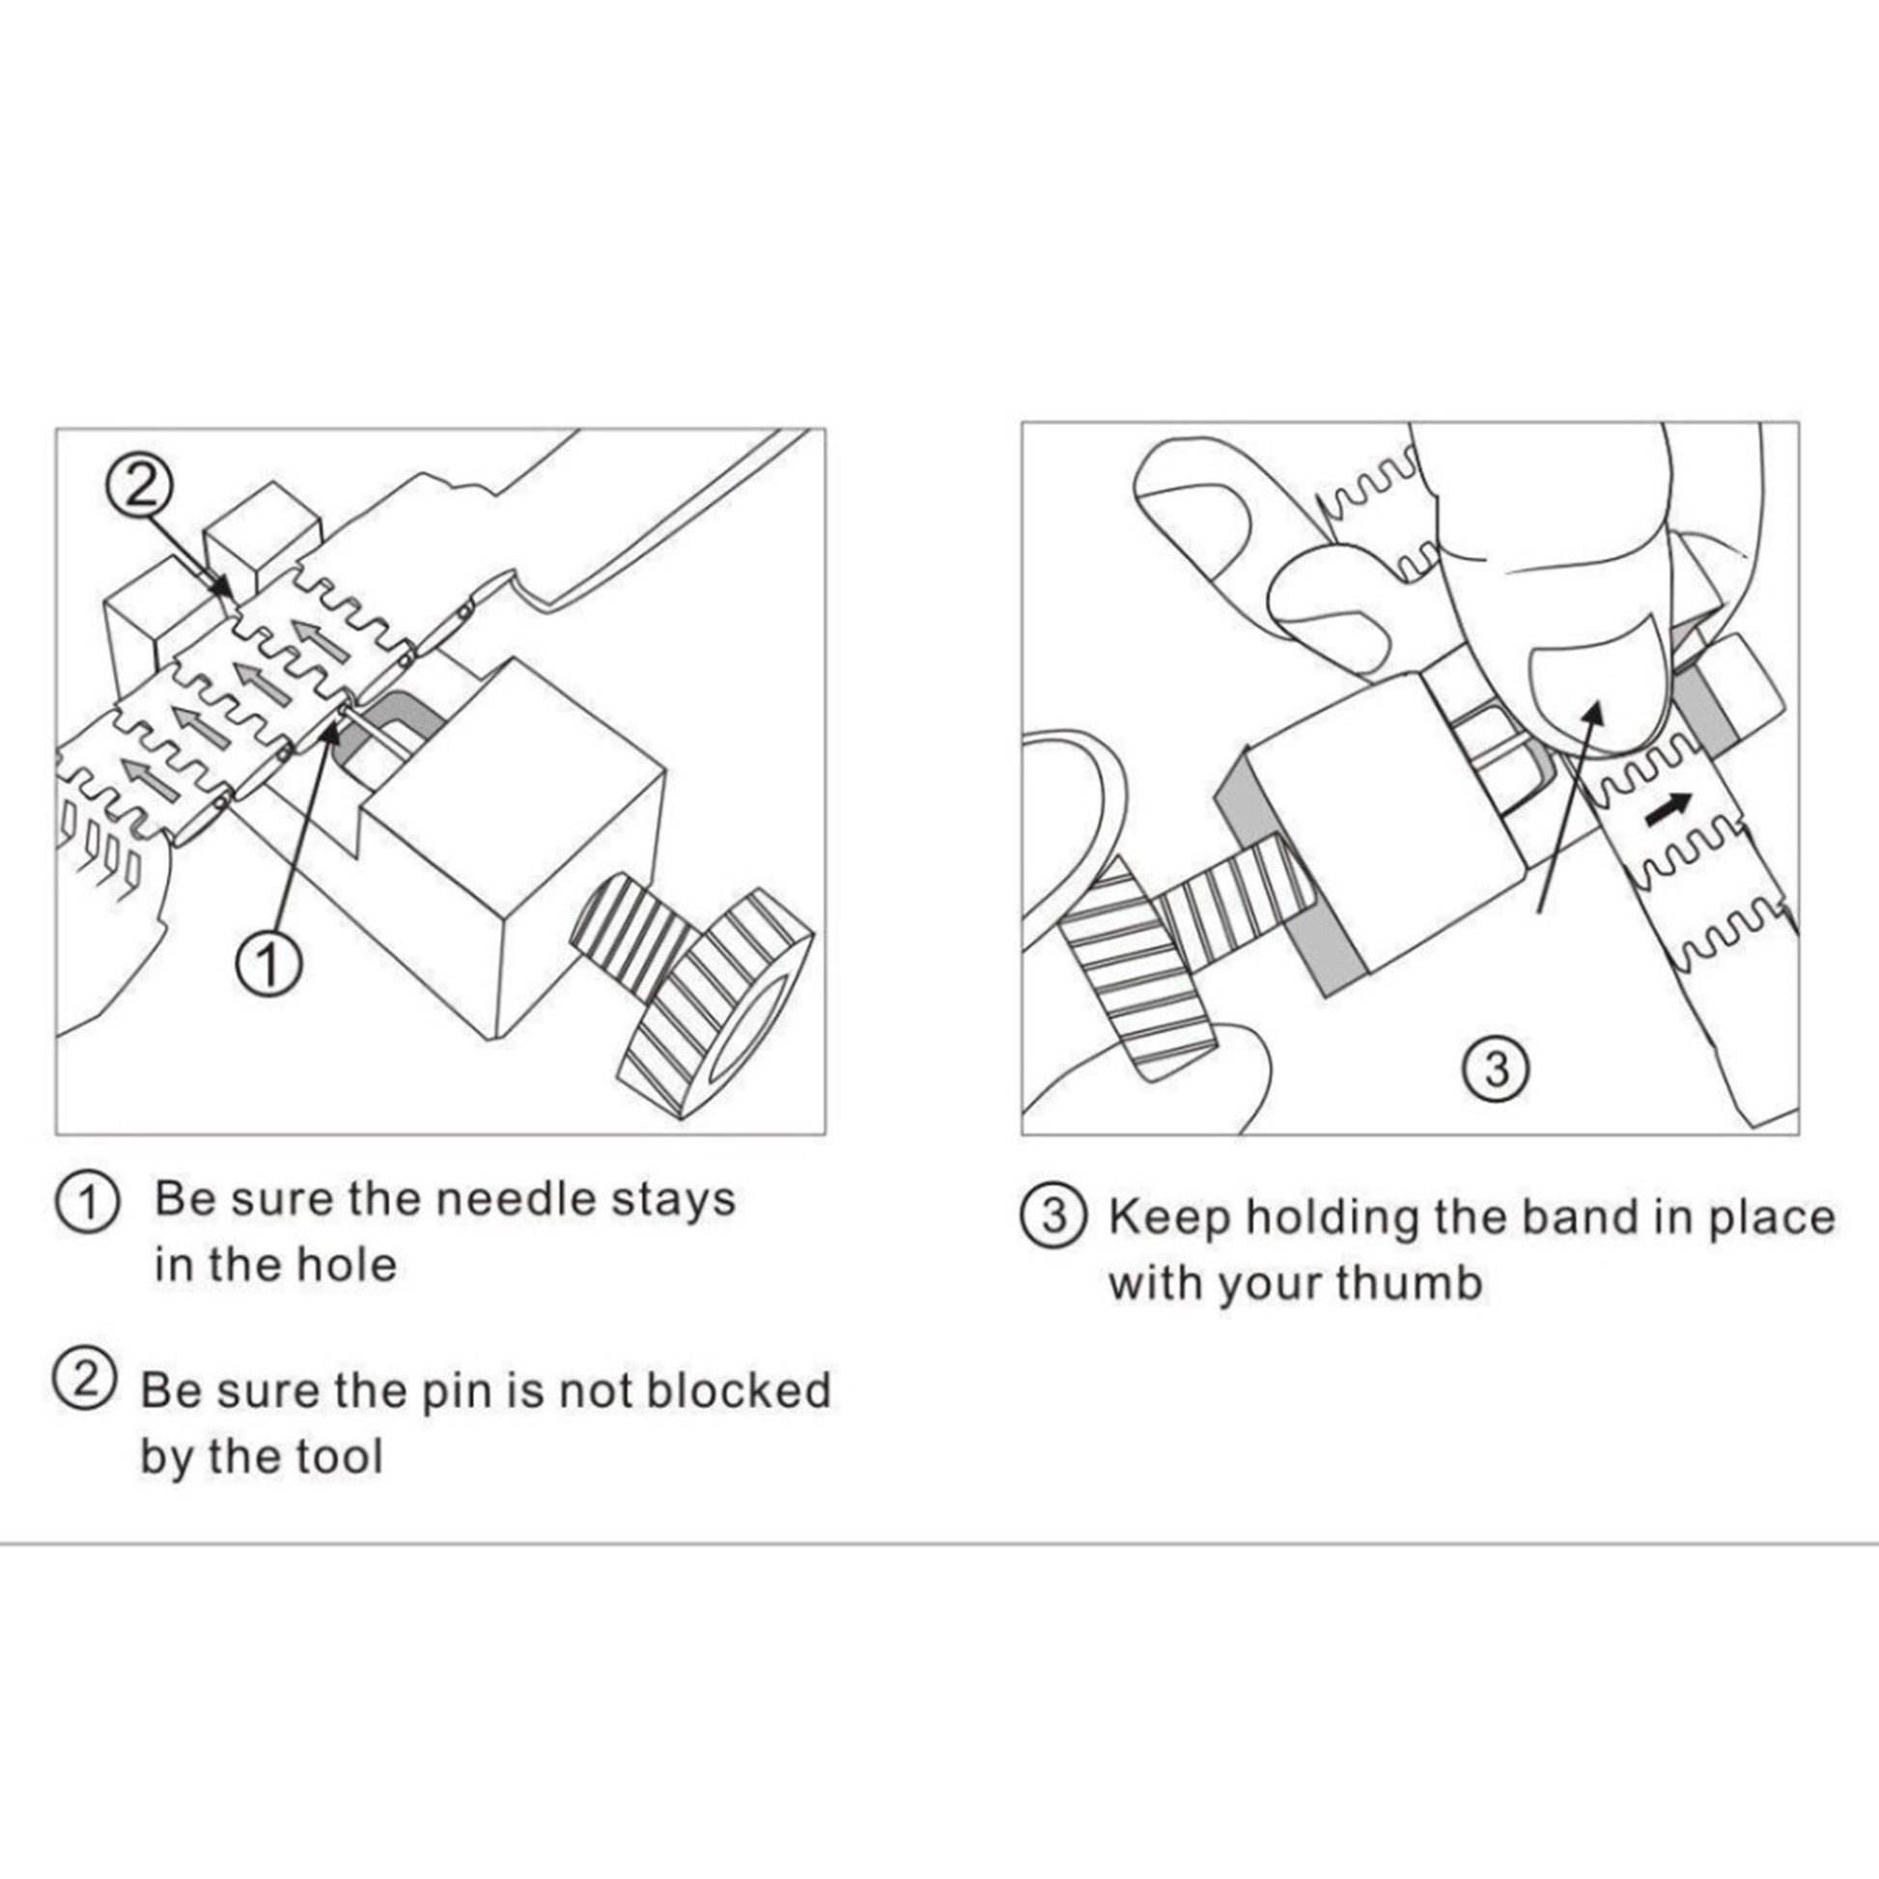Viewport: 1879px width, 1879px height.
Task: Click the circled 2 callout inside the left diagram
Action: pos(142,485)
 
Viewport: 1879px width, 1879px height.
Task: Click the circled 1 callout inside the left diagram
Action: pos(269,964)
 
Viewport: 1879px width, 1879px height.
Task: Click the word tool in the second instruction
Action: pos(344,1456)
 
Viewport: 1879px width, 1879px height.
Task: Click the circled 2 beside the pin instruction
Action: pos(85,1384)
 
